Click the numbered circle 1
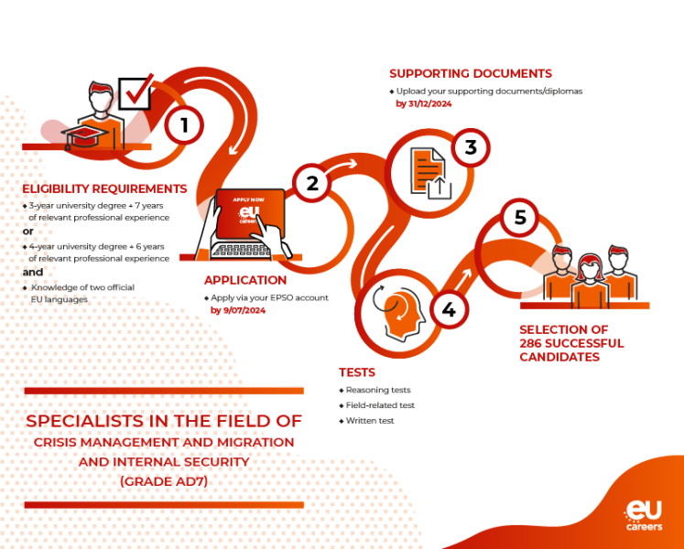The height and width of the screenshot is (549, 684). click(184, 125)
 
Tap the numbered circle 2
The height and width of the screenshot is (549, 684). click(312, 183)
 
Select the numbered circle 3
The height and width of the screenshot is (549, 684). click(471, 147)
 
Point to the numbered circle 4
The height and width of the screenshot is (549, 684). click(449, 309)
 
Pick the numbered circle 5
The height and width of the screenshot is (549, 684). click(519, 217)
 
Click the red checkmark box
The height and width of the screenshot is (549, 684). click(136, 91)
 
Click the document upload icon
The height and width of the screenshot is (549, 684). click(430, 173)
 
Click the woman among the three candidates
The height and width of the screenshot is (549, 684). click(590, 280)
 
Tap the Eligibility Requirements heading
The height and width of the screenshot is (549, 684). click(104, 188)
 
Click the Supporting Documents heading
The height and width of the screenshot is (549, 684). click(471, 73)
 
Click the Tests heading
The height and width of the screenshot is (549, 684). click(357, 372)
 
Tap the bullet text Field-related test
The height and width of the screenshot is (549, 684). click(380, 405)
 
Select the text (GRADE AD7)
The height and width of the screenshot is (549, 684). click(164, 481)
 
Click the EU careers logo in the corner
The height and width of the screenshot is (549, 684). click(644, 515)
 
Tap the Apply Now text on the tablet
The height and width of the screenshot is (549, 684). click(249, 199)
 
